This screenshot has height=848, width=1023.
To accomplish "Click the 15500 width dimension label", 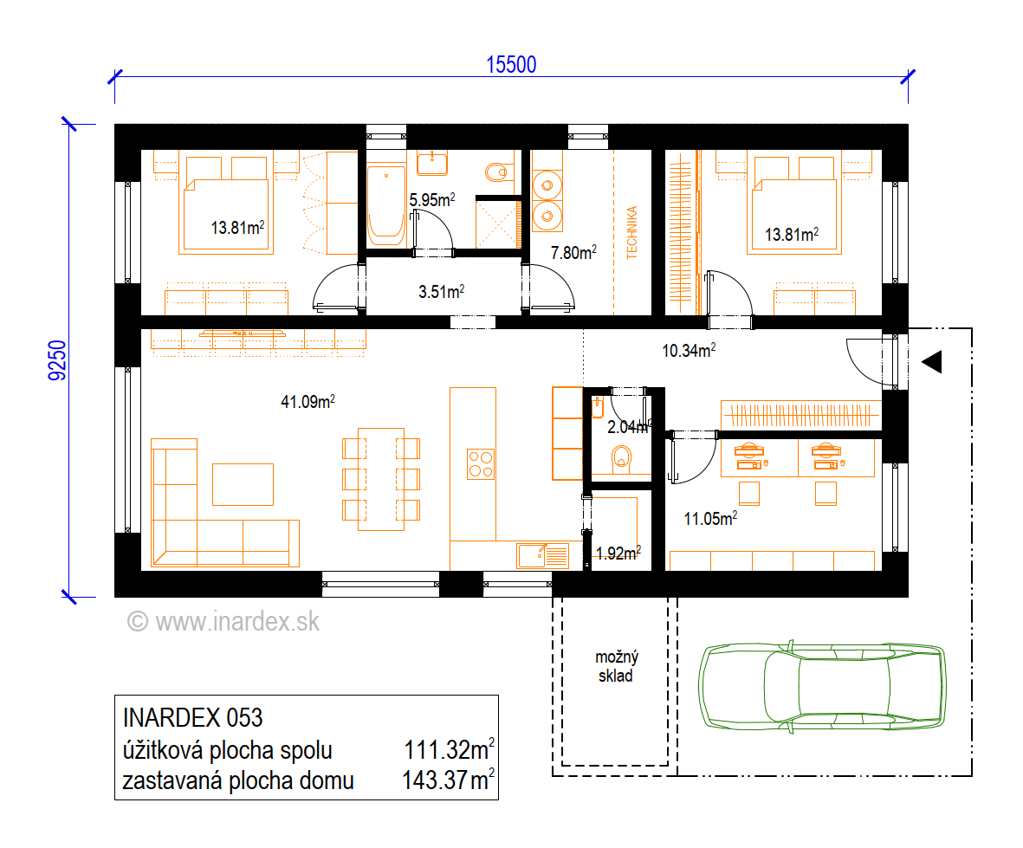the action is (511, 65).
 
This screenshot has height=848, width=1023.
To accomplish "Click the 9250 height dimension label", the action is (57, 360).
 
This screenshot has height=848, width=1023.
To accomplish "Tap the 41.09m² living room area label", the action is (308, 401).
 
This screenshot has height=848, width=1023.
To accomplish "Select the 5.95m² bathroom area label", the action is (432, 199).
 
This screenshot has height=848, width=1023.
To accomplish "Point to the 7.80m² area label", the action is (573, 252).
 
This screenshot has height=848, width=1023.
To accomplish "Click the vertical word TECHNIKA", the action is (631, 233).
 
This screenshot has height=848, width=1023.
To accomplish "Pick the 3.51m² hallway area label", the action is (441, 292).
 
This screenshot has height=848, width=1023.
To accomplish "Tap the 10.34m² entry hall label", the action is (689, 350).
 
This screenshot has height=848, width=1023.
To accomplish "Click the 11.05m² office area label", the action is (710, 519).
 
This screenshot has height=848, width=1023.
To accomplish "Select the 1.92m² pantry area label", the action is (618, 553).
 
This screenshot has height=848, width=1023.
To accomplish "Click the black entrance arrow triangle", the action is (932, 361).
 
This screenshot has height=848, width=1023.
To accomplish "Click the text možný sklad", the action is (617, 666).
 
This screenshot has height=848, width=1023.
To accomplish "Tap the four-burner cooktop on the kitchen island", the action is (481, 463).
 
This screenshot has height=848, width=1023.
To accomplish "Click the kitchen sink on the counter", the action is (542, 556).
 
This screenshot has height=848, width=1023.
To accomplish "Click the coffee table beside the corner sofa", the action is (243, 485).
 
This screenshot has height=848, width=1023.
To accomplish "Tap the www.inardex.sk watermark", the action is (223, 622).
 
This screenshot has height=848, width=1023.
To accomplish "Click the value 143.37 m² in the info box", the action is (448, 780).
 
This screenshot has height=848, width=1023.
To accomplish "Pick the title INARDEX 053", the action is (192, 717).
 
